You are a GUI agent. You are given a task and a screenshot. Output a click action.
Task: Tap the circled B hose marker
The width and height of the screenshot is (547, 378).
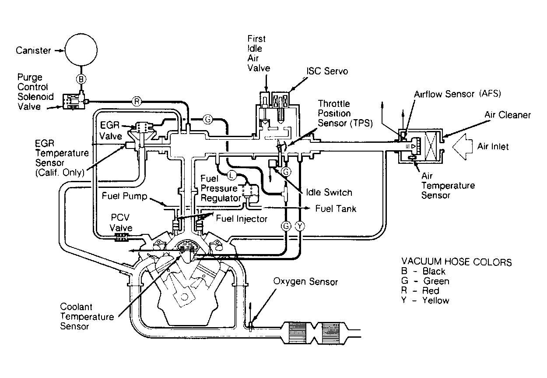pyautogui.click(x=81, y=79)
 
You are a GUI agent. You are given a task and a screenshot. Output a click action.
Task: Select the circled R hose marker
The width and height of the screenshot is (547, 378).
pyautogui.click(x=137, y=101)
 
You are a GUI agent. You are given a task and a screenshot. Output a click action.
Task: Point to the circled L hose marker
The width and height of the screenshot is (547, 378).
pyautogui.click(x=231, y=175)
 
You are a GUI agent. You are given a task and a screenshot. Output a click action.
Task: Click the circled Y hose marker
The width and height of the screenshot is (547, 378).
pyautogui.click(x=300, y=226)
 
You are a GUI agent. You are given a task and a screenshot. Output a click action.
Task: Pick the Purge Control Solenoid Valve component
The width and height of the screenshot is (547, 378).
pyautogui.click(x=74, y=101)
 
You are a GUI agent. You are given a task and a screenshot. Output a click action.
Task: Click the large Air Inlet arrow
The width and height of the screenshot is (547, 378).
pyautogui.click(x=463, y=147)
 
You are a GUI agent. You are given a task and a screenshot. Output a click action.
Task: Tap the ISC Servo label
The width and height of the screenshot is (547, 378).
pyautogui.click(x=327, y=71)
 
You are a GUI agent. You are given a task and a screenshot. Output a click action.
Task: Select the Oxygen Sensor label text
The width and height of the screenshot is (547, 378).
pyautogui.click(x=305, y=282)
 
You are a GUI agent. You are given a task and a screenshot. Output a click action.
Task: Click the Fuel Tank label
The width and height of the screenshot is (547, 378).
pyautogui.click(x=336, y=208)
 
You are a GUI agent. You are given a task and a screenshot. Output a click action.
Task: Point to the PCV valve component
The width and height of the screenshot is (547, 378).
pyautogui.click(x=121, y=237)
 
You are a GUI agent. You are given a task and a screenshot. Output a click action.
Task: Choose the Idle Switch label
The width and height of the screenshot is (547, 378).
pyautogui.click(x=329, y=192)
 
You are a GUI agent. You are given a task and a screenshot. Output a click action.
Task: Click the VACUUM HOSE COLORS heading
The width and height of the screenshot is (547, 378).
pyautogui.click(x=456, y=262)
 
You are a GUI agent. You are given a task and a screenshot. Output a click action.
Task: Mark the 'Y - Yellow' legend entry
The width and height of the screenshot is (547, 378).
pyautogui.click(x=425, y=300)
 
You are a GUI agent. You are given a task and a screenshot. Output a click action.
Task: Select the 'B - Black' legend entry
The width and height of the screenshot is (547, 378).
pyautogui.click(x=423, y=272)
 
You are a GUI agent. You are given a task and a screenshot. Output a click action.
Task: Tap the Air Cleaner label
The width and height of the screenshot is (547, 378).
pyautogui.click(x=508, y=115)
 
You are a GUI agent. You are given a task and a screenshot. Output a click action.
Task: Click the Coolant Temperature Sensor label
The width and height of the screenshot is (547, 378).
pyautogui.click(x=87, y=316)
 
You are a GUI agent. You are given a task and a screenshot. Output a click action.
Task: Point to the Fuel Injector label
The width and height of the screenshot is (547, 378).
pyautogui.click(x=242, y=219)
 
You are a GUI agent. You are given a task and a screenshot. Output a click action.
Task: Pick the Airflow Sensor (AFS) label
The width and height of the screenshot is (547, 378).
pyautogui.click(x=458, y=94)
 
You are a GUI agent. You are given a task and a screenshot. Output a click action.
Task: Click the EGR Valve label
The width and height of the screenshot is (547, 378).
pyautogui.click(x=110, y=131)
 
